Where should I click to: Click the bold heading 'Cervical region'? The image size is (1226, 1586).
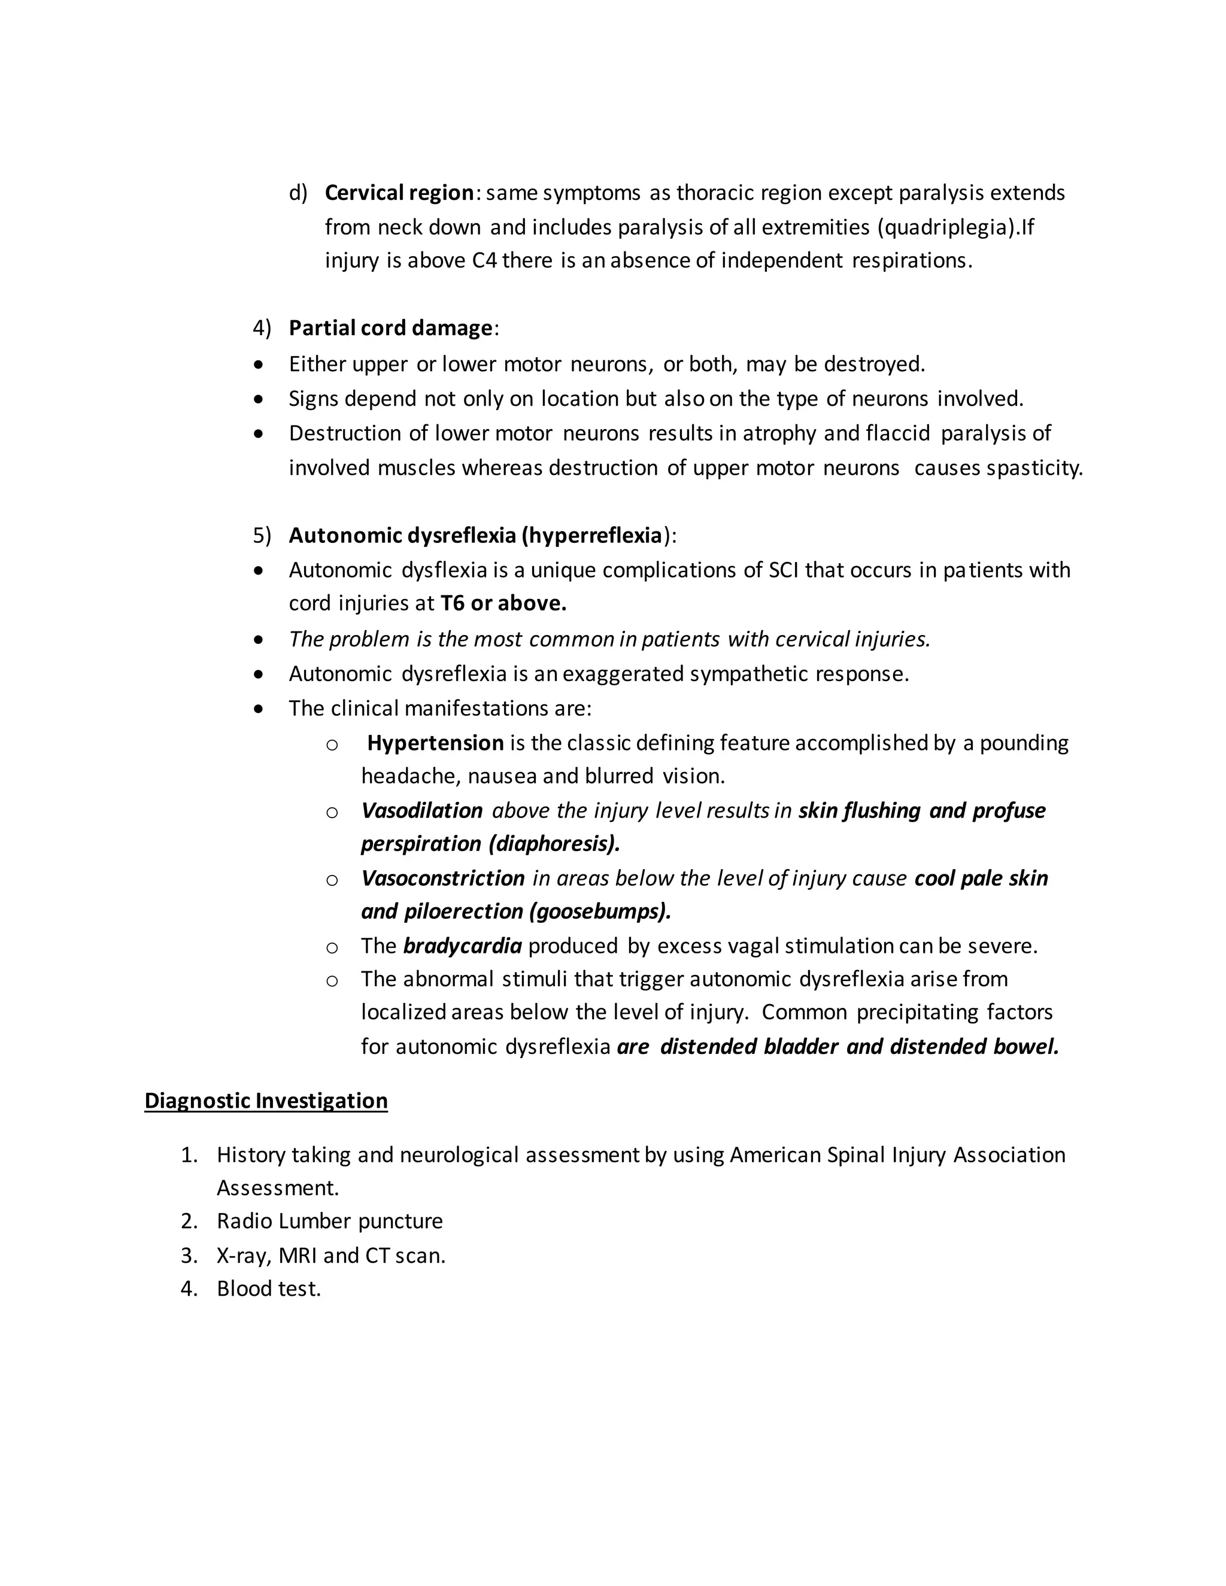click(x=399, y=193)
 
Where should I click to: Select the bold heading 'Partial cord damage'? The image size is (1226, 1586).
click(x=391, y=328)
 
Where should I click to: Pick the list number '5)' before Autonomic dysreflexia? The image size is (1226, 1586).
click(x=262, y=536)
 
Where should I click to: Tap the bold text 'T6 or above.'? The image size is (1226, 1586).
click(x=503, y=603)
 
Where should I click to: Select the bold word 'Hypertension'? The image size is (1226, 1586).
click(x=435, y=743)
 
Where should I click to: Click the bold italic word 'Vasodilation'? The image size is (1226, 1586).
click(x=422, y=810)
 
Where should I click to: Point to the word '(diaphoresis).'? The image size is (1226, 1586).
click(x=555, y=844)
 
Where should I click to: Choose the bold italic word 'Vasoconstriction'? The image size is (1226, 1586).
click(x=443, y=878)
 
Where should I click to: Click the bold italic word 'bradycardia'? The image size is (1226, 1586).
click(x=462, y=946)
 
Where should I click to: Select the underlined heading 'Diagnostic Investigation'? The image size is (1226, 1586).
click(x=266, y=1100)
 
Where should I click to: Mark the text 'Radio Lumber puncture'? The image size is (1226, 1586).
click(x=330, y=1221)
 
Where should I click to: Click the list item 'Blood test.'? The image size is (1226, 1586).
click(x=269, y=1289)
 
